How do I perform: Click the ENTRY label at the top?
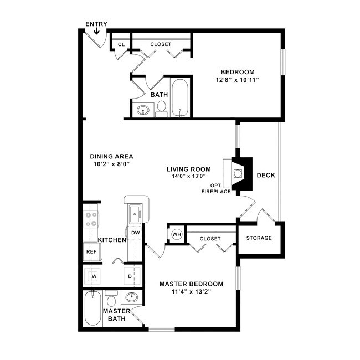96,24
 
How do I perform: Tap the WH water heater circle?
176,234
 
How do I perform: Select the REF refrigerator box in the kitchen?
90,251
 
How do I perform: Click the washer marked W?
94,276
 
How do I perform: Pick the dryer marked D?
130,276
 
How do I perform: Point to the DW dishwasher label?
135,233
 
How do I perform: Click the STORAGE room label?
259,238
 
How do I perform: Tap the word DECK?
266,176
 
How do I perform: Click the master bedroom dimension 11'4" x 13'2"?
191,292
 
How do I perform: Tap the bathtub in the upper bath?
180,98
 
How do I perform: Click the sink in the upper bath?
143,109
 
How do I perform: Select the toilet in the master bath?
111,301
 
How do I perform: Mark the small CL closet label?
121,44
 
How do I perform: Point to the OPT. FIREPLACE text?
216,188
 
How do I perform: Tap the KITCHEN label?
112,240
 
